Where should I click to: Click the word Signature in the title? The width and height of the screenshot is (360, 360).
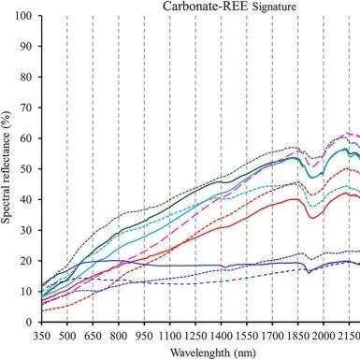[x=274, y=7]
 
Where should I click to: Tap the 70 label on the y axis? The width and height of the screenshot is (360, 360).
[x=26, y=108]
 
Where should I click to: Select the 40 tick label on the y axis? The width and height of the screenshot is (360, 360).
[x=26, y=199]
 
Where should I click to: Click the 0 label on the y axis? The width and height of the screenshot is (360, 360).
[x=29, y=323]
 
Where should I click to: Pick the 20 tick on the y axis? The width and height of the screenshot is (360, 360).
[x=26, y=261]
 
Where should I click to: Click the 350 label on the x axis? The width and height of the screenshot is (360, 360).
[x=41, y=337]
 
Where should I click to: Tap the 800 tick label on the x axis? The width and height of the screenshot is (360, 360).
[x=119, y=337]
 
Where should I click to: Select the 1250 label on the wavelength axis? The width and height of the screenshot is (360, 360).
[x=195, y=337]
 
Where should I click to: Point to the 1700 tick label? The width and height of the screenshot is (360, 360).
[x=272, y=337]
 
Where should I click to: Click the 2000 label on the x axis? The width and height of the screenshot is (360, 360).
[x=324, y=337]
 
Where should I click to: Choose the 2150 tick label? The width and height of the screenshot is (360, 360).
[x=349, y=337]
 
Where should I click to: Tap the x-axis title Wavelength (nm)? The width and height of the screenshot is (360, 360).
[x=213, y=353]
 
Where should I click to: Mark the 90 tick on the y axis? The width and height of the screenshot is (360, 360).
[x=26, y=46]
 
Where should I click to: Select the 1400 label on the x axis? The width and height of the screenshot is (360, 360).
[x=221, y=337]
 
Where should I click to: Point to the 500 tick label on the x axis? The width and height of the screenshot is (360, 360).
[x=67, y=337]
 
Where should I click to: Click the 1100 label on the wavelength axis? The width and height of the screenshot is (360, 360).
[x=170, y=337]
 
